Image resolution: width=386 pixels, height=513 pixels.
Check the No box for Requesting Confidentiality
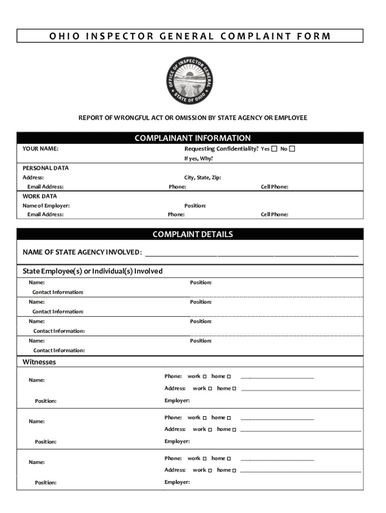(x=292, y=149)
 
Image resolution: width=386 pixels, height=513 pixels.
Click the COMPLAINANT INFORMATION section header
(x=192, y=138)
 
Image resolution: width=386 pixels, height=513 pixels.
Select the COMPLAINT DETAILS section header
(x=192, y=234)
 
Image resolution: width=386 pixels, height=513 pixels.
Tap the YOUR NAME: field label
(x=40, y=149)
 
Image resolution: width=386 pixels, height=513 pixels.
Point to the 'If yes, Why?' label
(x=199, y=159)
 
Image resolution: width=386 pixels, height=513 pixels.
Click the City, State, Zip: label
(x=203, y=177)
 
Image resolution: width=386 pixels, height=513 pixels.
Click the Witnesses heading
(x=39, y=362)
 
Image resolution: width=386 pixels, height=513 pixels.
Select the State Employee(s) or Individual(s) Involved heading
(x=93, y=271)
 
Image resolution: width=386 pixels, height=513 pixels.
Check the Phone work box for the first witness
(x=205, y=377)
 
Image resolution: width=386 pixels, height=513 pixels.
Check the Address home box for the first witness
(x=234, y=389)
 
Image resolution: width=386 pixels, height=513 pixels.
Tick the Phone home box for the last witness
(x=229, y=459)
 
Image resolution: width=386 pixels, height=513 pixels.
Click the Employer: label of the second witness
(x=177, y=441)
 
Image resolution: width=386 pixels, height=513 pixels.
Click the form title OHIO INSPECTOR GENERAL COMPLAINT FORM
(x=190, y=36)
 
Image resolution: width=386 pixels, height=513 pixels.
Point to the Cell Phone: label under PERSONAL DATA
(x=274, y=187)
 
